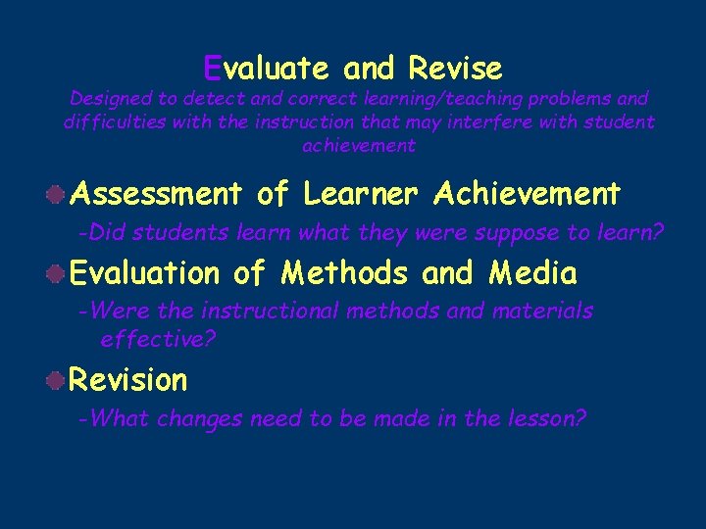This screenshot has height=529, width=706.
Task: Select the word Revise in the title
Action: (455, 69)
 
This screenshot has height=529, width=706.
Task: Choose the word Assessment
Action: (156, 194)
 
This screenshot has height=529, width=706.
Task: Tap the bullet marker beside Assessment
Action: (59, 194)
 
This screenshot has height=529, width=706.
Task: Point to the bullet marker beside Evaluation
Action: (59, 272)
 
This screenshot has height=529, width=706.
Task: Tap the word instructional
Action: (271, 312)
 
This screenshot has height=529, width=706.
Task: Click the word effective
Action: (157, 339)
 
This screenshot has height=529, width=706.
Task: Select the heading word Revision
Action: (128, 379)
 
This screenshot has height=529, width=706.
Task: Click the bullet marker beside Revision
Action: (59, 379)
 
